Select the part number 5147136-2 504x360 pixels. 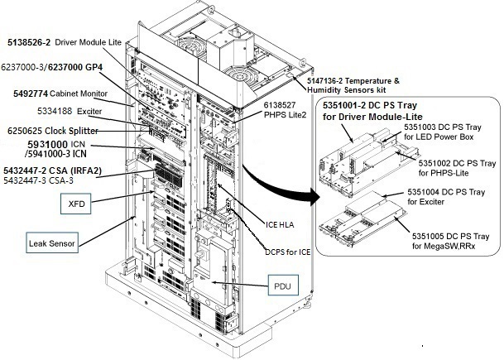click(329, 79)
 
